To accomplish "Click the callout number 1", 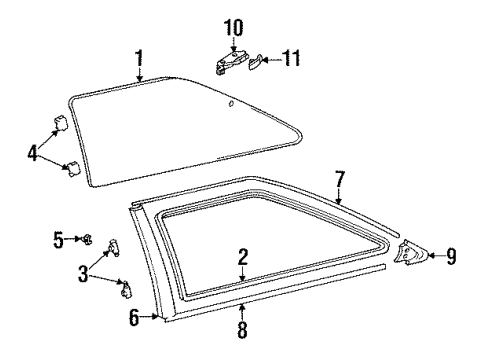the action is [x=139, y=58].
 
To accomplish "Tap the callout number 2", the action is [x=241, y=258].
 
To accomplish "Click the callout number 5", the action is [x=59, y=238].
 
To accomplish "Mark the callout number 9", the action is [x=451, y=258].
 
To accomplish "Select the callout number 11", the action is [x=291, y=58].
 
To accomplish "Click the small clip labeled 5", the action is [x=88, y=238].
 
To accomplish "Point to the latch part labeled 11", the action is [x=257, y=62].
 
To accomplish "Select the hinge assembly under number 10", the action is [x=230, y=63].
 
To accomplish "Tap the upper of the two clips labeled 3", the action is [x=112, y=245].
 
